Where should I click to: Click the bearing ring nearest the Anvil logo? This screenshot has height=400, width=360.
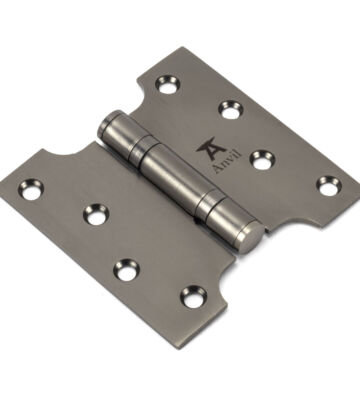point(140,148)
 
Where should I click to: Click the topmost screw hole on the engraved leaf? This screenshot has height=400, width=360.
point(167,85)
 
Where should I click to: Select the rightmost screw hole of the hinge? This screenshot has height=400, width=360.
point(329,186)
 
